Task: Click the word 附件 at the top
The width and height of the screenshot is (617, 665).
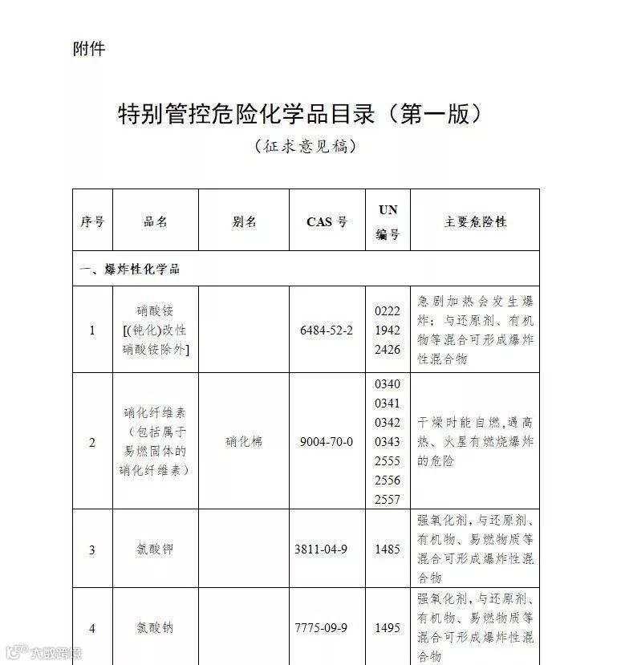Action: tap(89, 49)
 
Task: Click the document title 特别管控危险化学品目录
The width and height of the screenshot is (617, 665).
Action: tap(302, 114)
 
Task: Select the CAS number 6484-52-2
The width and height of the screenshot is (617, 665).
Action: tap(326, 330)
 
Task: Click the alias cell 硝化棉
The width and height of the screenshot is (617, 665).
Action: tap(244, 441)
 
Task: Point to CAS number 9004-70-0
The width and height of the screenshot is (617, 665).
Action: tap(326, 441)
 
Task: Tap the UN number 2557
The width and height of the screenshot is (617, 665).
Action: tap(388, 499)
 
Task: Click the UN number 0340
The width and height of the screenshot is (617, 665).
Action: tap(388, 384)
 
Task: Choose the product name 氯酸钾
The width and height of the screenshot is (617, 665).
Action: tap(155, 549)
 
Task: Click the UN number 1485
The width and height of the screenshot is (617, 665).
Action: tap(388, 549)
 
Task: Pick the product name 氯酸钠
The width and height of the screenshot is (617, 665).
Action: tap(155, 628)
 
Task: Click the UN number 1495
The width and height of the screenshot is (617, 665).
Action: tap(388, 628)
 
